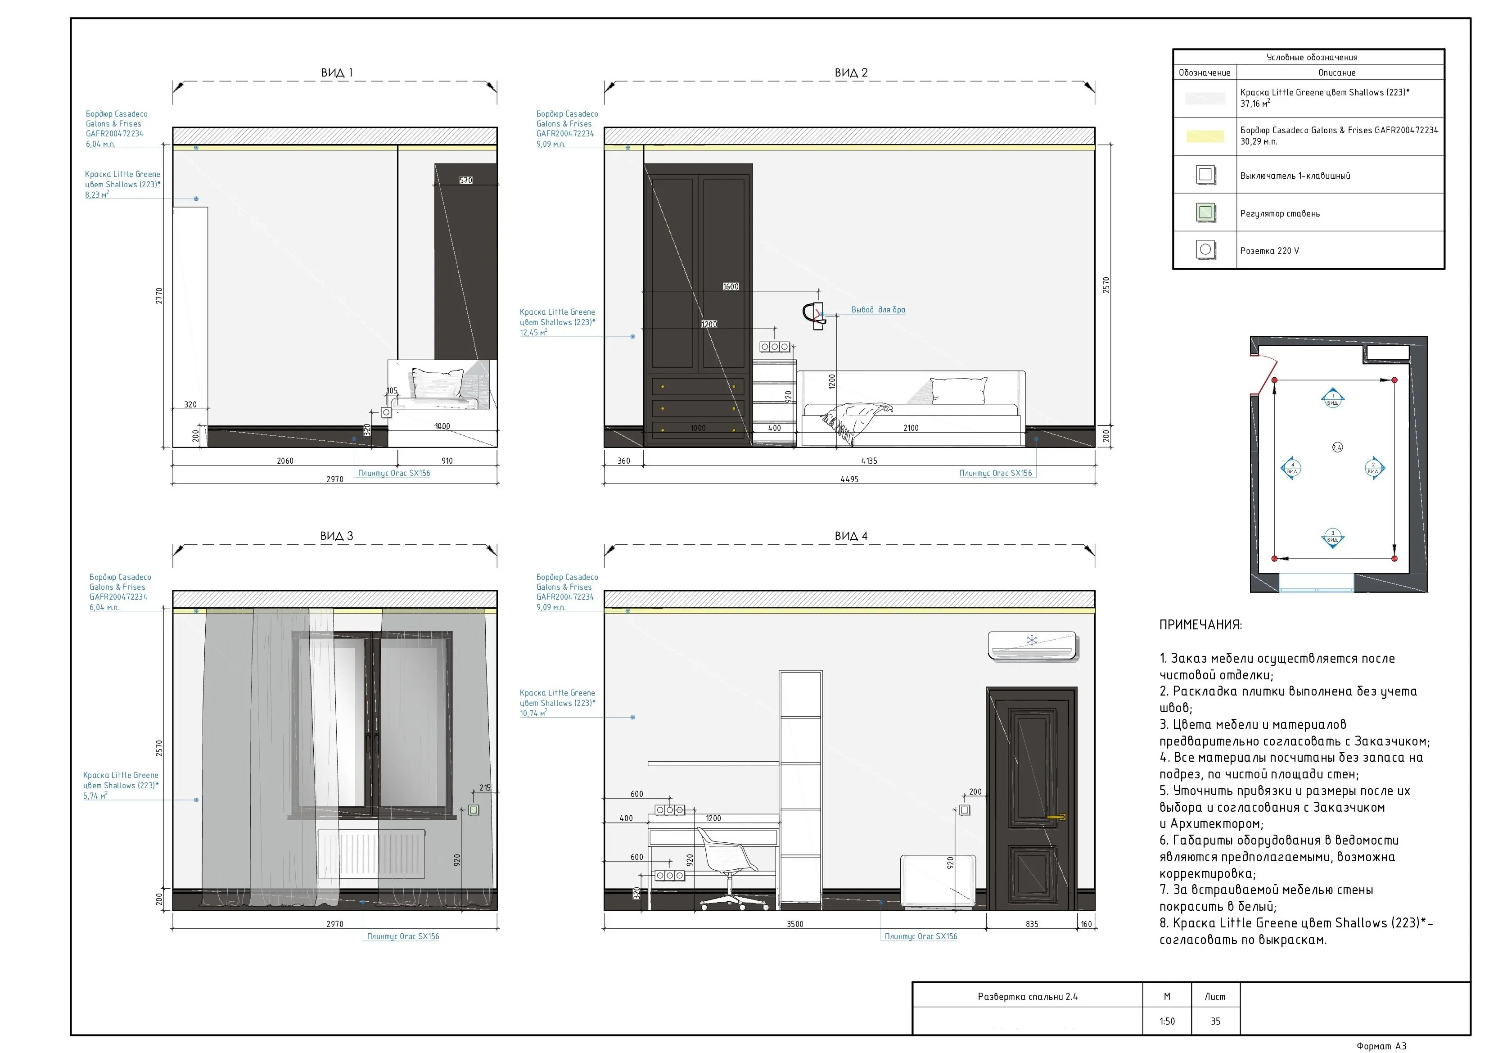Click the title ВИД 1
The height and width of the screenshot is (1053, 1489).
tap(337, 72)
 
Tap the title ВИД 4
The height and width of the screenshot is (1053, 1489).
tap(851, 536)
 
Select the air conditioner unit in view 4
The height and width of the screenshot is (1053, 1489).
tap(1033, 646)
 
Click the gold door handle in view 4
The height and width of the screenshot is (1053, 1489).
tap(1057, 817)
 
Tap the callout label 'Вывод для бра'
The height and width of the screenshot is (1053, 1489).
tap(878, 310)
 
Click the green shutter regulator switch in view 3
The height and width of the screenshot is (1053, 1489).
tap(474, 810)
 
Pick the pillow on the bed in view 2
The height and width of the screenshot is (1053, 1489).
tap(958, 390)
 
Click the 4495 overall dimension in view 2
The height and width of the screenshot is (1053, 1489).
tap(849, 479)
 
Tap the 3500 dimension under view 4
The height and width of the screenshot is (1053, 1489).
tap(794, 925)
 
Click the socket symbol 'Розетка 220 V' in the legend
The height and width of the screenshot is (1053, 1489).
tap(1205, 250)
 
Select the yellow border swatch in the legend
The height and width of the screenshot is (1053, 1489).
tap(1205, 136)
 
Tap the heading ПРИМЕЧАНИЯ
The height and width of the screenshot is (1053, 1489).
tap(1200, 625)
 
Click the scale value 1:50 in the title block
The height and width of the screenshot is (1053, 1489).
tap(1167, 1021)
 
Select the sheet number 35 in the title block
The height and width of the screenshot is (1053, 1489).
tap(1215, 1021)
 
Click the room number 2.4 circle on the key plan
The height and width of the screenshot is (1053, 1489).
tap(1337, 447)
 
